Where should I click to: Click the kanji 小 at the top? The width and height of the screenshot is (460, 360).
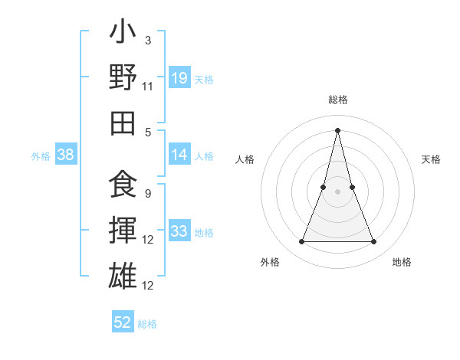(x=123, y=34)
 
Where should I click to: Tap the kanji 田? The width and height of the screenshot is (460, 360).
(x=123, y=123)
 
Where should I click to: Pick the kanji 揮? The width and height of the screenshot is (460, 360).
(x=123, y=231)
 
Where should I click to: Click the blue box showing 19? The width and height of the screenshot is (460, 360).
(x=179, y=77)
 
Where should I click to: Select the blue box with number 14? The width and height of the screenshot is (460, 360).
(x=179, y=155)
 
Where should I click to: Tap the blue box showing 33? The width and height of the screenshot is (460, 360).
(x=179, y=231)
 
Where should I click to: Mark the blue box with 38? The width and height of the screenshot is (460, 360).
(x=66, y=155)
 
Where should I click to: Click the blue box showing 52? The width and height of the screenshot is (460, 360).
(x=123, y=322)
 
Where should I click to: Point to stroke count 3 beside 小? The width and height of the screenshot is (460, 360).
(x=147, y=40)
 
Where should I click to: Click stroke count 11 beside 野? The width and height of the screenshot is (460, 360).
(x=148, y=86)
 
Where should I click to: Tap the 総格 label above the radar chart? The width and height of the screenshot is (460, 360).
(x=338, y=100)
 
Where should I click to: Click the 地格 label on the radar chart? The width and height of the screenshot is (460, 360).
(x=402, y=263)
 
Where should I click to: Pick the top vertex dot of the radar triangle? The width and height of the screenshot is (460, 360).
(x=338, y=129)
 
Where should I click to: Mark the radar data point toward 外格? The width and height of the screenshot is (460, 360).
(x=301, y=242)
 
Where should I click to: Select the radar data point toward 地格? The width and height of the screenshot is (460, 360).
(x=374, y=242)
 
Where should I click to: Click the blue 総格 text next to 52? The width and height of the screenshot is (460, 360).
(x=147, y=324)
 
